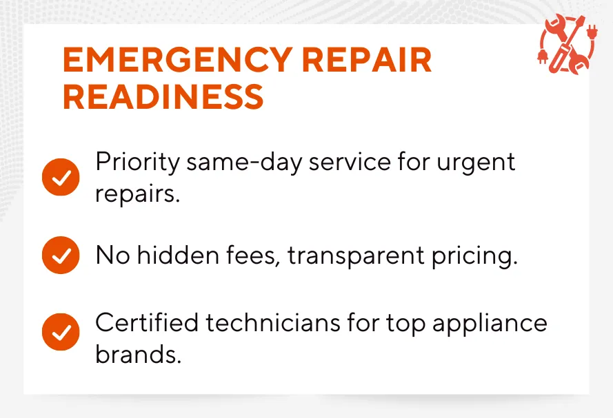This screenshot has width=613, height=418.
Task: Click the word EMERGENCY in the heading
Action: pyautogui.click(x=178, y=60)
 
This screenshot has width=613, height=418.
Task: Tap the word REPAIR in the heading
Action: pyautogui.click(x=367, y=60)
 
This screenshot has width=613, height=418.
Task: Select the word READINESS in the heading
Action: pyautogui.click(x=163, y=96)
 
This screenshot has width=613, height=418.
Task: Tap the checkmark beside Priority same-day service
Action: pyautogui.click(x=61, y=177)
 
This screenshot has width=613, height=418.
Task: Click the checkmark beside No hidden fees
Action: pyautogui.click(x=61, y=255)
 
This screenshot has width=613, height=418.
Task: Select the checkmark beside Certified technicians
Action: pyautogui.click(x=61, y=332)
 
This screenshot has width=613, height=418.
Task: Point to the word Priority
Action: pyautogui.click(x=138, y=163)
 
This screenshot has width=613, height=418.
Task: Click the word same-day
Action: pyautogui.click(x=244, y=163)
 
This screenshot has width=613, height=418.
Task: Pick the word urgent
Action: pyautogui.click(x=476, y=163)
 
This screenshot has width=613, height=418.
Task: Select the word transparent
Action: pyautogui.click(x=356, y=256)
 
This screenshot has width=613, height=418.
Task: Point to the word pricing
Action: pyautogui.click(x=474, y=256)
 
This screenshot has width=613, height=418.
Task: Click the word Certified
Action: pyautogui.click(x=147, y=323)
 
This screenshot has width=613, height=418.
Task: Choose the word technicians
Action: pyautogui.click(x=273, y=323)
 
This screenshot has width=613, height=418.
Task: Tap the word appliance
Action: pyautogui.click(x=490, y=324)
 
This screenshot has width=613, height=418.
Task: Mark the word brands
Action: pyautogui.click(x=139, y=354)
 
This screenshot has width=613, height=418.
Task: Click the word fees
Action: pyautogui.click(x=253, y=255)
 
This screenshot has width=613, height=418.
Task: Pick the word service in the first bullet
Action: pyautogui.click(x=350, y=163)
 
